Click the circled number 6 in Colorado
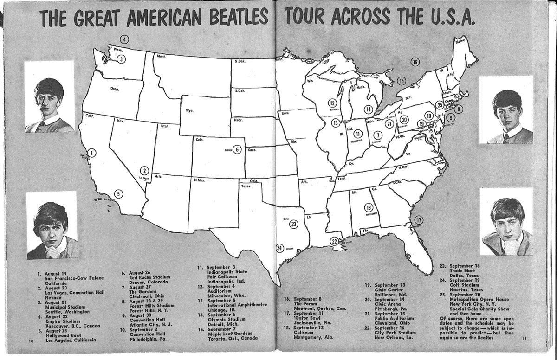pyautogui.click(x=237, y=149)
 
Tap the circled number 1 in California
pyautogui.click(x=92, y=153)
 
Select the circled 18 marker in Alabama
pyautogui.click(x=369, y=207)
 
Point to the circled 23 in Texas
pyautogui.click(x=293, y=224)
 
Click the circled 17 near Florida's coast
pyautogui.click(x=419, y=220)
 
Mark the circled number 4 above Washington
pyautogui.click(x=124, y=39)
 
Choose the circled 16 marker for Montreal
pyautogui.click(x=415, y=62)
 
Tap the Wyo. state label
pyautogui.click(x=190, y=111)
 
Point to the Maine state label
pyautogui.click(x=461, y=41)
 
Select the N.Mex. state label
pyautogui.click(x=200, y=180)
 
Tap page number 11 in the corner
pyautogui.click(x=524, y=338)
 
